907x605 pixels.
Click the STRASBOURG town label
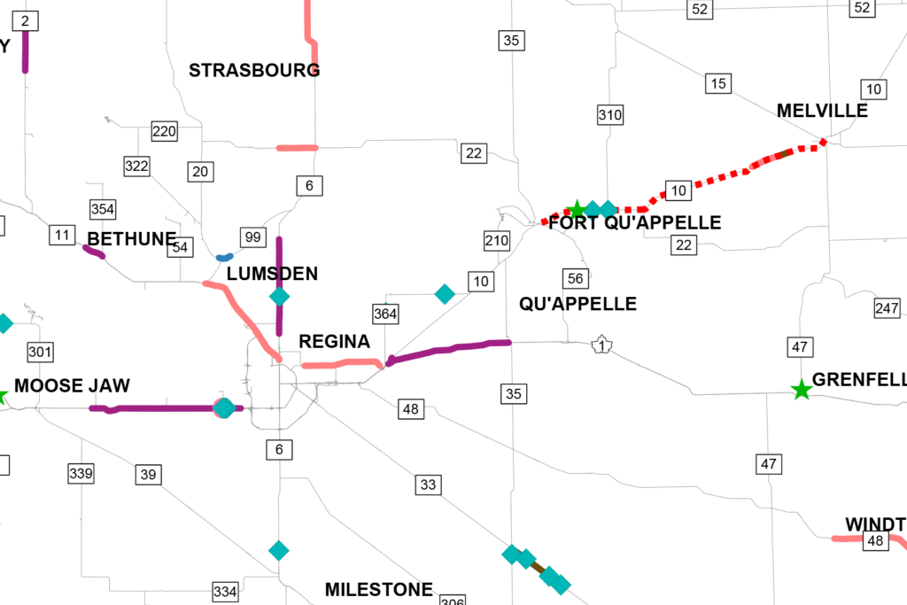coord(254,70)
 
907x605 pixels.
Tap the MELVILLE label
coord(822,111)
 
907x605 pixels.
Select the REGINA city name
coord(334,342)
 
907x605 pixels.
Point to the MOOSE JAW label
coord(73,386)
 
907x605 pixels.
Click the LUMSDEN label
coord(272,274)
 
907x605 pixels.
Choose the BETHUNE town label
coord(132,239)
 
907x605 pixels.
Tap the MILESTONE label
coord(379,590)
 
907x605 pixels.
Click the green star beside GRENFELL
coord(801,389)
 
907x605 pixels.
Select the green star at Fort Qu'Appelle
coord(576,210)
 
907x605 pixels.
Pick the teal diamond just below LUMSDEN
coord(279,296)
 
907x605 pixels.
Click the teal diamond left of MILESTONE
coord(279,550)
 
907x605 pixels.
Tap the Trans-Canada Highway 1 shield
coord(602,345)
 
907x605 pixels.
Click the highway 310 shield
coord(610,114)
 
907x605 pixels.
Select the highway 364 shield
coord(385,314)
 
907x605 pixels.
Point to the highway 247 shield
coord(887,308)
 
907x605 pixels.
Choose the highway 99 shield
coord(253,237)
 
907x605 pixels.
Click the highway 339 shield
coord(81,473)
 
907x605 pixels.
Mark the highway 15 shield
coord(718,84)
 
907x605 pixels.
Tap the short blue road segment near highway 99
coord(224,258)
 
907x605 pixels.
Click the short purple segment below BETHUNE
coord(95,252)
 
